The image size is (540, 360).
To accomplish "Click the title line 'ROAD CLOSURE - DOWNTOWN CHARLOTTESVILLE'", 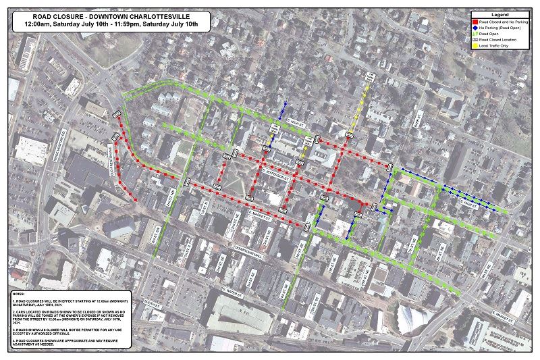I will tap(111, 14).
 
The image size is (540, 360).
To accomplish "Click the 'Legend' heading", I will tap(500, 14).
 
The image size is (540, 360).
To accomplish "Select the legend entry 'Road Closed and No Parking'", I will tap(504, 22).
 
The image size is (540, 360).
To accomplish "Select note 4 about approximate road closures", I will tap(64, 344).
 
